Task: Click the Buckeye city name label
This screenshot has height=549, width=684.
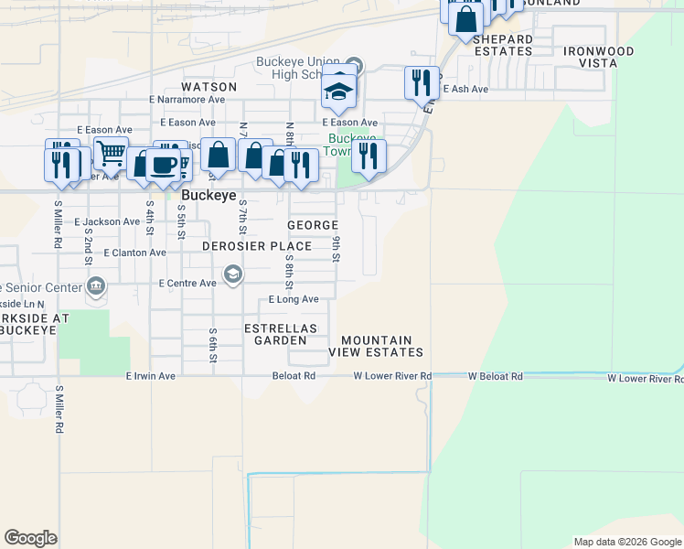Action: (208, 196)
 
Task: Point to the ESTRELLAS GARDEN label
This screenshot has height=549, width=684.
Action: (281, 334)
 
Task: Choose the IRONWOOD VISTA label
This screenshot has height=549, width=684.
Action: (598, 58)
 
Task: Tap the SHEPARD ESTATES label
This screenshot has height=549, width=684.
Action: (503, 45)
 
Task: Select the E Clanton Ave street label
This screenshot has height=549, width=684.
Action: (135, 253)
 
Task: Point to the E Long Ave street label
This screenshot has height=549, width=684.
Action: (294, 299)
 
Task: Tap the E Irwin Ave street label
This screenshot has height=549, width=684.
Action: (150, 376)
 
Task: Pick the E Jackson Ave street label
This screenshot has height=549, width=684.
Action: (108, 222)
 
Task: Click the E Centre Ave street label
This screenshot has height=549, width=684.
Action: (187, 284)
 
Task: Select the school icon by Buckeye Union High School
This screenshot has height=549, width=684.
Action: (338, 90)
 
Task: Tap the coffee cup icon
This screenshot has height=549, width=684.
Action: (163, 165)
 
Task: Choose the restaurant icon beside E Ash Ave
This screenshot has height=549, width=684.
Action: (422, 82)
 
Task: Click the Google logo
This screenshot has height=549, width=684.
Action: (30, 538)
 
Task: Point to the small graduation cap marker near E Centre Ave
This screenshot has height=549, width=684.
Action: (233, 274)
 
